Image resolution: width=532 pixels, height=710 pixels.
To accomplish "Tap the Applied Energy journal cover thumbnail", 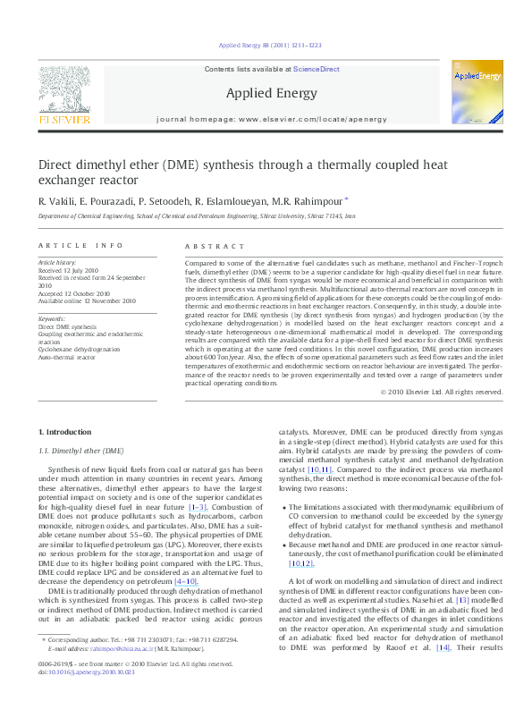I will click(477, 94).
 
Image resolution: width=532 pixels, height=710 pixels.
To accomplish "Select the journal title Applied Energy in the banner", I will click(263, 92).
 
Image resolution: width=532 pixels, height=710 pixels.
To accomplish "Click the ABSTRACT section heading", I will click(214, 245).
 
